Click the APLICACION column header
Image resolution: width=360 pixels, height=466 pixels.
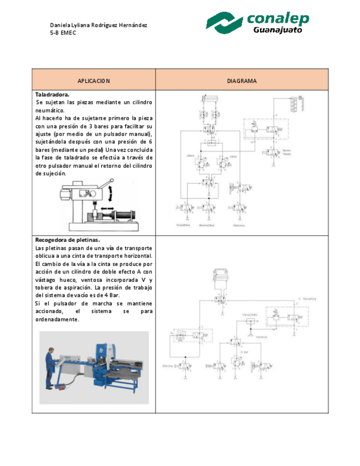(93, 81)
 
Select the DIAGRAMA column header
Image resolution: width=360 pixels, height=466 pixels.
(242, 81)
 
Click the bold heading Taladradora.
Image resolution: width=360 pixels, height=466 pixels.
(52, 95)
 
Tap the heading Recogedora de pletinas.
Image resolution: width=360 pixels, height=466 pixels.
(68, 240)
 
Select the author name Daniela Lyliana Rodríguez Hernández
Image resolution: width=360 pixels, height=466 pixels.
(98, 25)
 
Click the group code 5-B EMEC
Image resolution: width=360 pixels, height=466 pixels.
(63, 33)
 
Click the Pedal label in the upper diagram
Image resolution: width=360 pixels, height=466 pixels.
(183, 225)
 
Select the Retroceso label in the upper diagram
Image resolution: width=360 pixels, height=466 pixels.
(238, 225)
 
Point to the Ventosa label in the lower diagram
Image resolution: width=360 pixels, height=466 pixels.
(261, 337)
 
